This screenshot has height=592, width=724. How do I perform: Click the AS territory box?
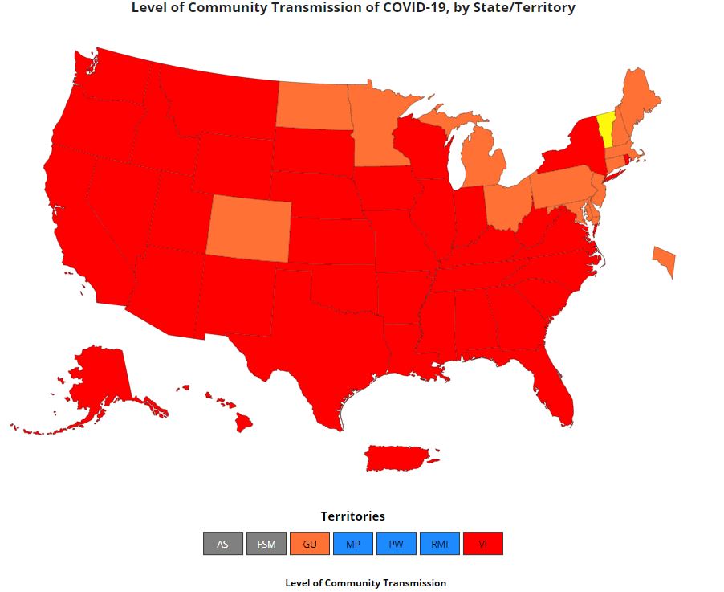[222, 544]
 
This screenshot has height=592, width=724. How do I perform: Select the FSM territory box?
[266, 544]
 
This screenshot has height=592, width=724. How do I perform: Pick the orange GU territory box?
[310, 544]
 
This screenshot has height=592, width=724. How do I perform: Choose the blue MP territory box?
[353, 544]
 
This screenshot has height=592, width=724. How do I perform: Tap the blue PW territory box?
[396, 544]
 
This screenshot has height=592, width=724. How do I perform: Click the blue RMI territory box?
[439, 544]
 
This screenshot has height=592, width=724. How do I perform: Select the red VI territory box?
[482, 544]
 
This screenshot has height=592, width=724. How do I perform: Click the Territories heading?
[352, 516]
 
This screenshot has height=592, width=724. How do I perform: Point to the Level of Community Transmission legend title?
[365, 582]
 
